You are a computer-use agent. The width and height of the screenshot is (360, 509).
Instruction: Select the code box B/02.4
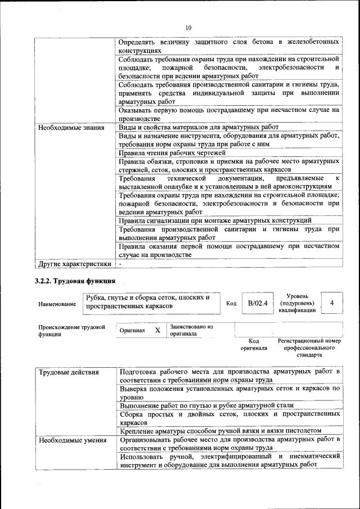coord(256,303)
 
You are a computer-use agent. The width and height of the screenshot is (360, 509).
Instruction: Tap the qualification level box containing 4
coord(332,303)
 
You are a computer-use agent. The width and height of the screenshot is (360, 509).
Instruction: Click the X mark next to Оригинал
coord(157,331)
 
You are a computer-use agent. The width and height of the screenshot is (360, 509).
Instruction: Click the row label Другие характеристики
coord(74,263)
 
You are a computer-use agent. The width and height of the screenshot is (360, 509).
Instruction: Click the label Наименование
coord(57,304)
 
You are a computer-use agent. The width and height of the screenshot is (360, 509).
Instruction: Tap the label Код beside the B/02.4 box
coord(231,304)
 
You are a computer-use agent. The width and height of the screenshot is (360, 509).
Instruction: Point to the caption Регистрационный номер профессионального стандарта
coord(309,348)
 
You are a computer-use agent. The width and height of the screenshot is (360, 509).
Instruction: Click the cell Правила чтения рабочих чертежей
coord(172,152)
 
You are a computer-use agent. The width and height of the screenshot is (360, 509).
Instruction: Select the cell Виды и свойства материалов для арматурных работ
coord(199,127)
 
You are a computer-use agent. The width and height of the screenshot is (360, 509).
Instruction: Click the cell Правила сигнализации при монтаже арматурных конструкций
coord(215,220)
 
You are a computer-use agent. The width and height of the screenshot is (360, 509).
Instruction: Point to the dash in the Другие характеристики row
coord(120,263)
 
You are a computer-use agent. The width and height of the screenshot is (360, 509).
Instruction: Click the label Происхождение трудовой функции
coord(71,330)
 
